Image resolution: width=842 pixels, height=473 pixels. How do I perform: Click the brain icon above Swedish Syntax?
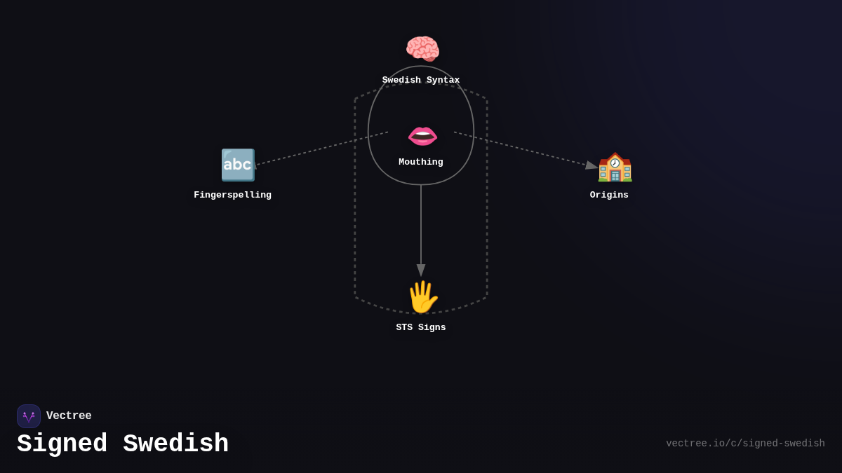click(422, 49)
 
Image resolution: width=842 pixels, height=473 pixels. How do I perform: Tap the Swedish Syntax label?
click(421, 81)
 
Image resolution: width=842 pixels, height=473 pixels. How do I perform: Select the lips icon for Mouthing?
click(422, 135)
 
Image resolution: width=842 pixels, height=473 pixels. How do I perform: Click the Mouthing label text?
click(421, 163)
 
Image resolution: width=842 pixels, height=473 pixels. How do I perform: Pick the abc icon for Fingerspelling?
click(238, 165)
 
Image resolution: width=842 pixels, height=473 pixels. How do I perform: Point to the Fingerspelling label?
click(232, 196)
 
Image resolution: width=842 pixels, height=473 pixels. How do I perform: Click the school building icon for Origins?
click(615, 167)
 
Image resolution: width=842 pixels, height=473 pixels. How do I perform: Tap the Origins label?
click(609, 196)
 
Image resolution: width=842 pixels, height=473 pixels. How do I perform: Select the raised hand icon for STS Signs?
click(422, 297)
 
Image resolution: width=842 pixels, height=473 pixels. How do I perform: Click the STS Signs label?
click(421, 328)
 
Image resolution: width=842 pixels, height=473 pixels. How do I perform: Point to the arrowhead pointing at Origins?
click(592, 165)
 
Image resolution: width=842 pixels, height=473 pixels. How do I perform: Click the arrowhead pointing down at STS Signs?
click(421, 270)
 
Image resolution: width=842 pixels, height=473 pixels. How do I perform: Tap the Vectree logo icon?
click(29, 416)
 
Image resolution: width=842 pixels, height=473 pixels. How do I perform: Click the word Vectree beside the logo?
click(69, 416)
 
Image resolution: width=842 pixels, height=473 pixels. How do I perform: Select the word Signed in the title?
click(62, 444)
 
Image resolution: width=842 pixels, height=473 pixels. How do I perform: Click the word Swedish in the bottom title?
click(175, 444)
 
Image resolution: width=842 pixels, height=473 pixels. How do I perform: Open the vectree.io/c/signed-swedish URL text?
click(745, 444)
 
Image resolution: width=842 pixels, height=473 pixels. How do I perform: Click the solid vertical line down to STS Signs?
click(421, 224)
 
